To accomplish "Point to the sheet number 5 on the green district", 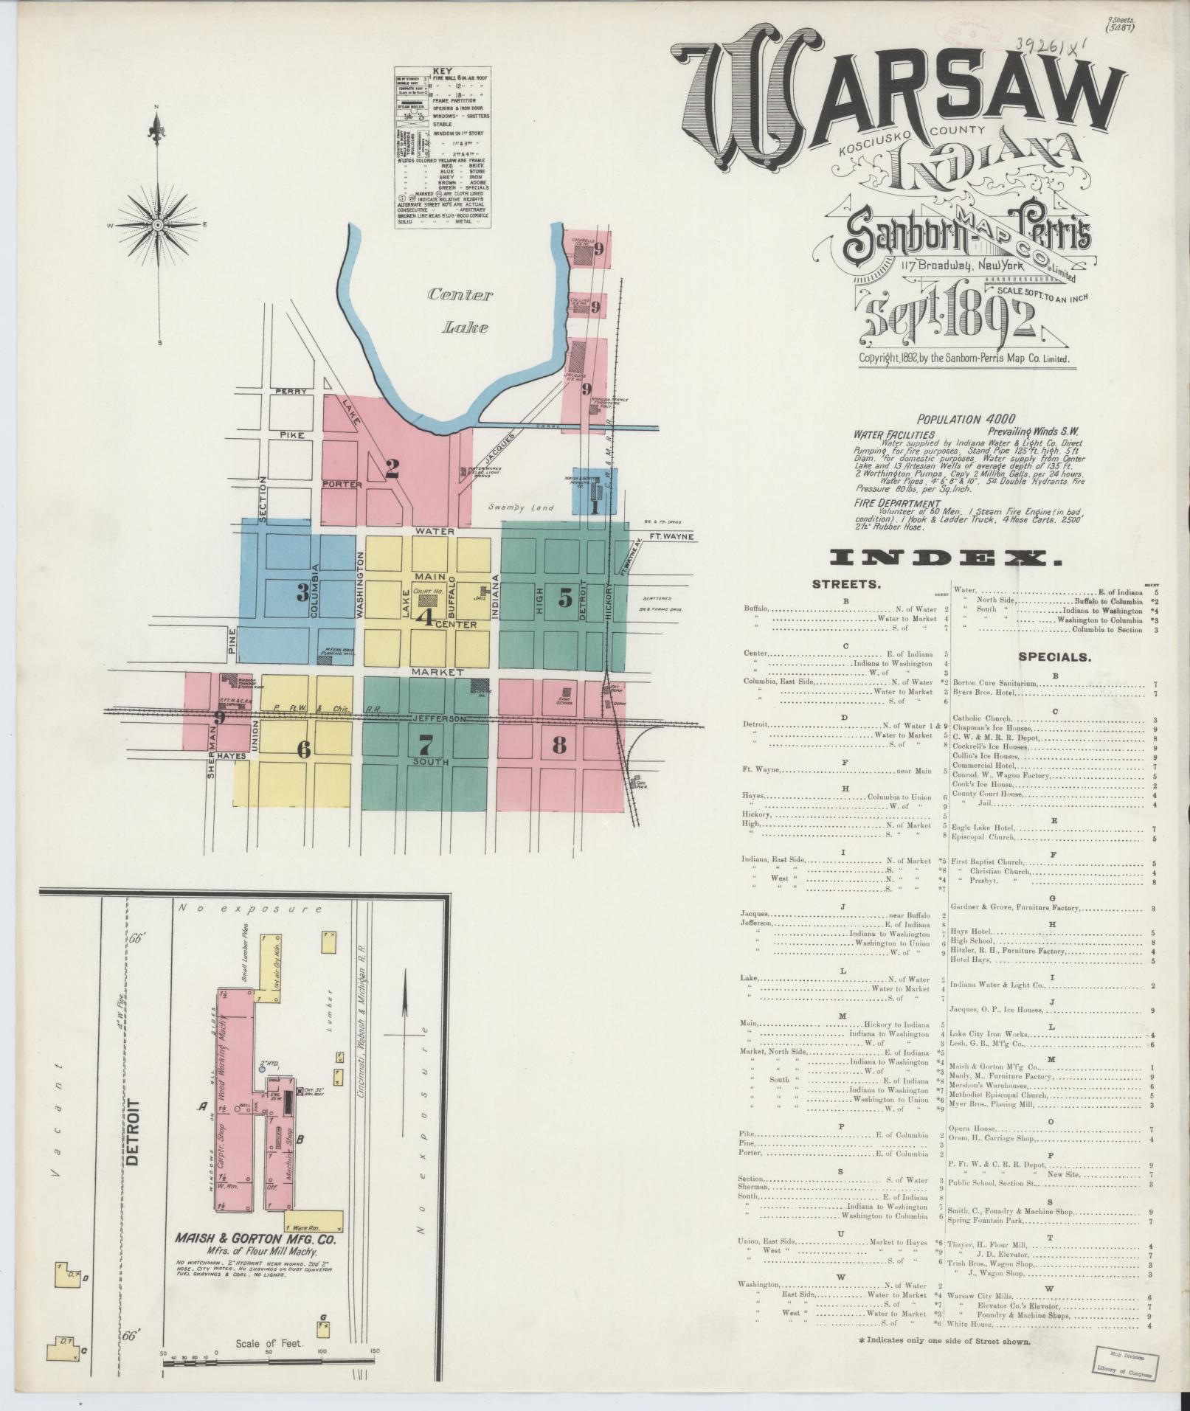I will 565,598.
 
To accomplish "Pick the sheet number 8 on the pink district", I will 559,745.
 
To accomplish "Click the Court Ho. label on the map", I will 427,592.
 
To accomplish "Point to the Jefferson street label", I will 440,718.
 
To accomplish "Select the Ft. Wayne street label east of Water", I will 671,536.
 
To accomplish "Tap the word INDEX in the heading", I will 946,558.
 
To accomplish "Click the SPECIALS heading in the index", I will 1055,656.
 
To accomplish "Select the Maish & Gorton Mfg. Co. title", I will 255,1240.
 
